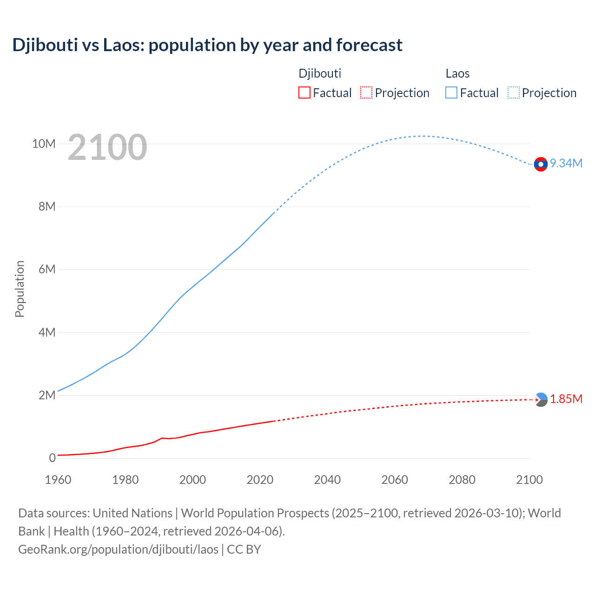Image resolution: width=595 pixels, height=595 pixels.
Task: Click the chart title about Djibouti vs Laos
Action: tap(207, 45)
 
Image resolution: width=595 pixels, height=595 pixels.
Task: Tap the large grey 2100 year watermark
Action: tap(107, 147)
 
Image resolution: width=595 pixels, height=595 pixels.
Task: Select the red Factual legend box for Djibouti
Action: tap(304, 93)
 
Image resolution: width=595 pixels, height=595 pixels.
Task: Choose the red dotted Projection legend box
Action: tap(366, 93)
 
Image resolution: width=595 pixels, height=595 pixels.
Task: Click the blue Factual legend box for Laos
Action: tap(451, 93)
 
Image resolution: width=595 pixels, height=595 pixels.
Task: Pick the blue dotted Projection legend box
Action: tap(513, 93)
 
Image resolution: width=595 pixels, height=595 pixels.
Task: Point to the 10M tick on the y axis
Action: tap(44, 144)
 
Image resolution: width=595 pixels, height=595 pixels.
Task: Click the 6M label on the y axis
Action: tap(47, 269)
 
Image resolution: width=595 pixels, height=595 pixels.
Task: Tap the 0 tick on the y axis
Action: tap(52, 458)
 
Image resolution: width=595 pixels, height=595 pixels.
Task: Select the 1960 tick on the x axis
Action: tap(58, 480)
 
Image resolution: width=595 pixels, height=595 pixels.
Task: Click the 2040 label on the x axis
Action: tap(327, 480)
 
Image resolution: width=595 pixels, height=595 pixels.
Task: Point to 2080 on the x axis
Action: tap(462, 480)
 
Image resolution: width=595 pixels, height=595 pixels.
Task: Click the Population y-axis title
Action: tap(20, 289)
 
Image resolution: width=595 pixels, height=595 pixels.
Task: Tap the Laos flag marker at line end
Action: tap(541, 164)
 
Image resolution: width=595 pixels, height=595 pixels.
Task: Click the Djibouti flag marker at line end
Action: tap(541, 399)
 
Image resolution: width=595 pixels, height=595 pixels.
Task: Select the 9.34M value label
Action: tap(566, 163)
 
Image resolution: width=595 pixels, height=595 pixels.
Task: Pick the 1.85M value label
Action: tap(566, 399)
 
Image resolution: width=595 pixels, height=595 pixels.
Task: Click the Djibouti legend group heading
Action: tap(320, 73)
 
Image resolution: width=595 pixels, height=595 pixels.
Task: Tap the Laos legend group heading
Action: tap(457, 73)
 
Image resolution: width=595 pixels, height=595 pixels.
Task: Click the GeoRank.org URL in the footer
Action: tap(118, 549)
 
